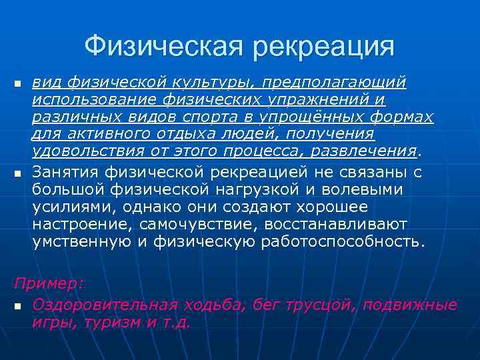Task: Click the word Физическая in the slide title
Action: (x=165, y=46)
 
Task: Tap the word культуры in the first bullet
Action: (x=213, y=83)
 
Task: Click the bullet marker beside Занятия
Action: (x=18, y=174)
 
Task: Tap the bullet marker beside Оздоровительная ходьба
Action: (x=18, y=307)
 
